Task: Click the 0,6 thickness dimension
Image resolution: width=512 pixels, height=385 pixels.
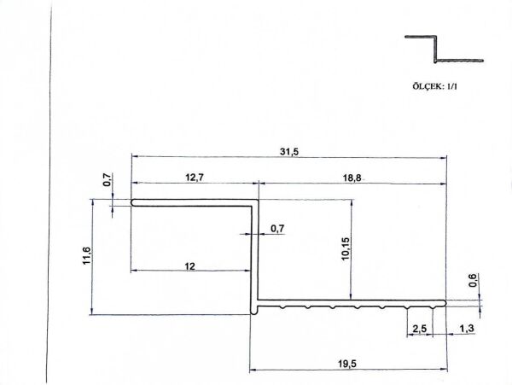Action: pos(474,279)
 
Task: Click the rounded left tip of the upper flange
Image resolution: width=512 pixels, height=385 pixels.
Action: pos(134,202)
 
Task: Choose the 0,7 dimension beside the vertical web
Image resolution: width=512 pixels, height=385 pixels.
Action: pos(277,229)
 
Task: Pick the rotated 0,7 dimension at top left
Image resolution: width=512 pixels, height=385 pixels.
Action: pos(108,180)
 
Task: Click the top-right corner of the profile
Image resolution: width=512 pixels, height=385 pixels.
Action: pos(256,201)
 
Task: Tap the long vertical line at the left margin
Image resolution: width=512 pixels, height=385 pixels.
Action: pos(52,192)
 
